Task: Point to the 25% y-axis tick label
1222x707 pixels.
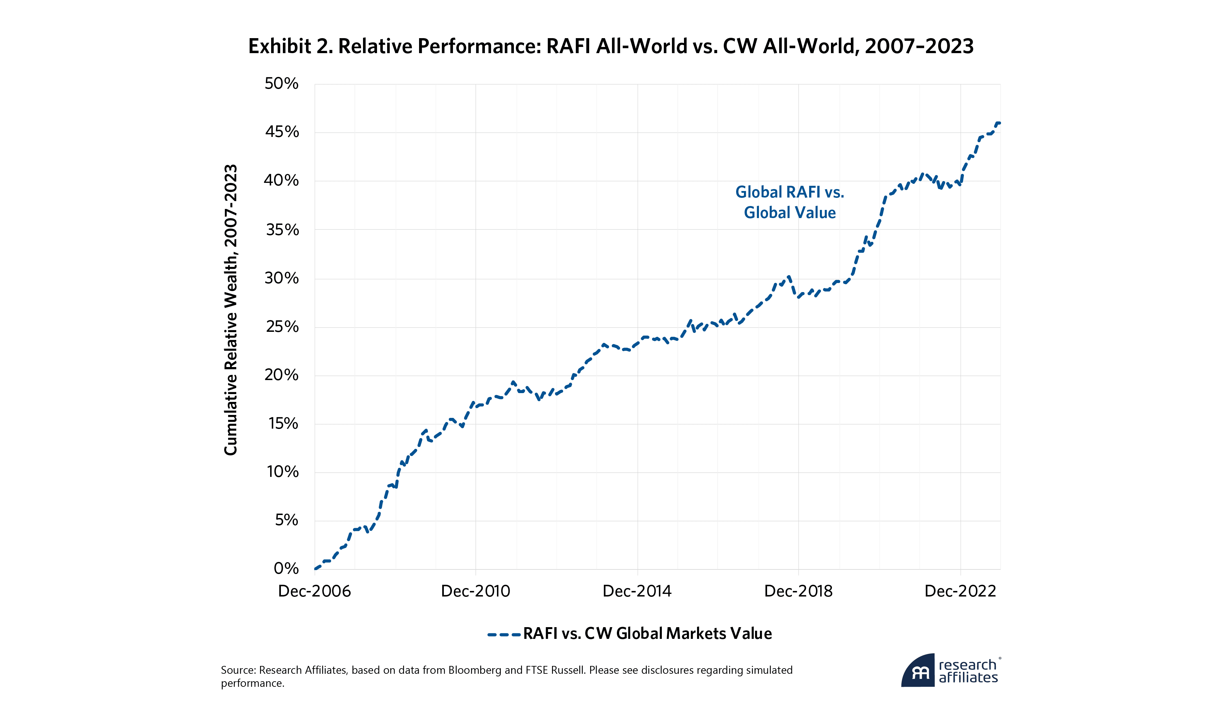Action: coord(282,327)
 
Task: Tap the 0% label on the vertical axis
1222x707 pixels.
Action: coord(286,568)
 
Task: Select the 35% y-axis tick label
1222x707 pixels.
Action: coord(282,230)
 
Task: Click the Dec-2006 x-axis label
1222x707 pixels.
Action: coord(314,591)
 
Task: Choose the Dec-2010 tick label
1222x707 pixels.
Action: coord(475,591)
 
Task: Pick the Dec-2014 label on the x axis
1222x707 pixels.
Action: coord(637,591)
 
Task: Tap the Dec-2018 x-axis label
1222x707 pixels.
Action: coord(798,591)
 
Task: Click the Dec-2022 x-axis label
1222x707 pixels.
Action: coord(960,591)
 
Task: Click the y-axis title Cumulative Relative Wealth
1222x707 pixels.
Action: coord(231,310)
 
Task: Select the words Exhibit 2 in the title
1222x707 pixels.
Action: coord(290,46)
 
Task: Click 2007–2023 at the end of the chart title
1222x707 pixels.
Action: coord(919,46)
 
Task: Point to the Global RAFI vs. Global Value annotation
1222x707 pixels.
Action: coord(790,202)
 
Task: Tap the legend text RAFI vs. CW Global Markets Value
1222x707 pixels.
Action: coord(647,634)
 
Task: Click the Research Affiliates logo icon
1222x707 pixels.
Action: coord(918,670)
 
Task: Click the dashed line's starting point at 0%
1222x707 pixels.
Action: coord(315,569)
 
